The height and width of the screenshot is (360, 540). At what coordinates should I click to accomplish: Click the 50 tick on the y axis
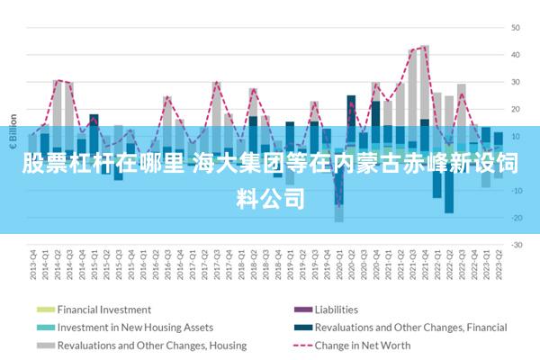517,28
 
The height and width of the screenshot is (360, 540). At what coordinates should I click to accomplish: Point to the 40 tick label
517,55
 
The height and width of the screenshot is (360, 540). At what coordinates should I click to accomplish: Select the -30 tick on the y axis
516,244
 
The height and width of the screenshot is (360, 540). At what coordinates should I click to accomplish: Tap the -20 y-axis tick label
516,217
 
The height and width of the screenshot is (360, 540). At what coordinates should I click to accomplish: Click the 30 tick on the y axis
517,82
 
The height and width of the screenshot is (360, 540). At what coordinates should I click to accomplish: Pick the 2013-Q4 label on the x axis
33,264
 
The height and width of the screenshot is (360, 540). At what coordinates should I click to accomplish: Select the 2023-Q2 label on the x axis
498,264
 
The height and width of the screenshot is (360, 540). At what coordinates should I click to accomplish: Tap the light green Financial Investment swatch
44,310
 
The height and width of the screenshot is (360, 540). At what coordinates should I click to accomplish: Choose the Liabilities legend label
337,310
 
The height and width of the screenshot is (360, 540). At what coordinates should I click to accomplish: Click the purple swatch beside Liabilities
301,310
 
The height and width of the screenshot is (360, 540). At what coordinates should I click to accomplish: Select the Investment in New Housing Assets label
135,328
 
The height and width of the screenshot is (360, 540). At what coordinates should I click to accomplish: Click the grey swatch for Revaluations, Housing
44,345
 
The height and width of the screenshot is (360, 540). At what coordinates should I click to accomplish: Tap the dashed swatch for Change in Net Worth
301,345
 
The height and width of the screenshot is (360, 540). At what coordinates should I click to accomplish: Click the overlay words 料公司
270,197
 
